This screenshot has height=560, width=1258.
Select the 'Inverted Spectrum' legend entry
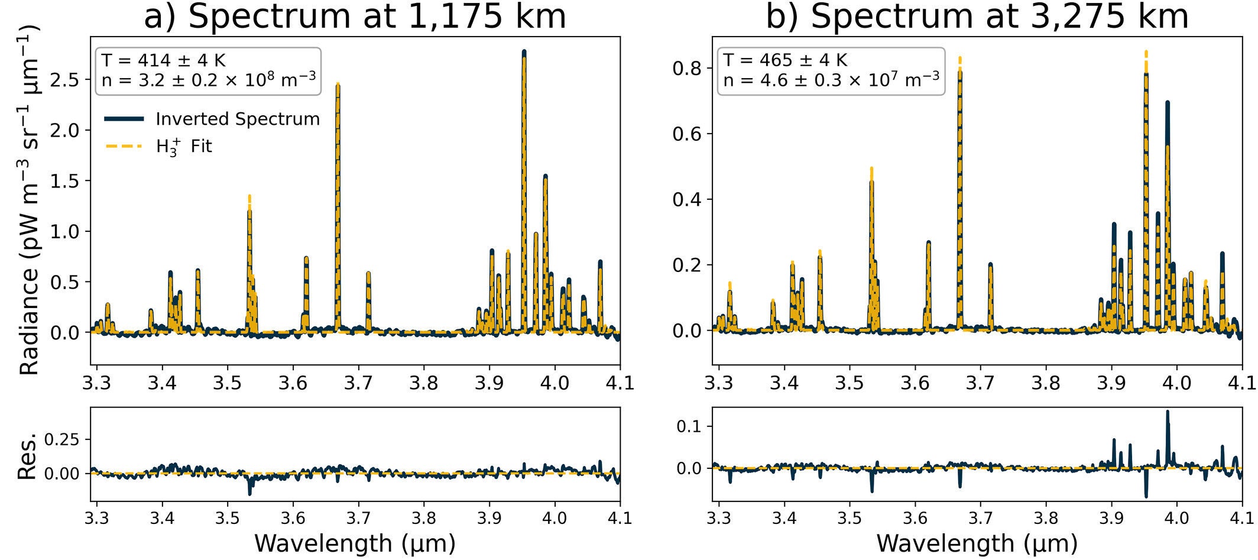click(237, 119)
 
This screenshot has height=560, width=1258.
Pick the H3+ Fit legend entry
click(183, 146)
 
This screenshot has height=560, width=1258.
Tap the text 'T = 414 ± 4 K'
click(163, 60)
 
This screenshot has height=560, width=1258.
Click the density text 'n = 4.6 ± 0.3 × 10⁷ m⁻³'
click(831, 79)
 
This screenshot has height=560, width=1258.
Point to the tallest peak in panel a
click(524, 52)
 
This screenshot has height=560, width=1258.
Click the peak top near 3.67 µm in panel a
click(338, 85)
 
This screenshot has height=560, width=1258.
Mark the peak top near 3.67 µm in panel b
click(959, 59)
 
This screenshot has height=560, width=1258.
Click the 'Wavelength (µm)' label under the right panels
click(977, 543)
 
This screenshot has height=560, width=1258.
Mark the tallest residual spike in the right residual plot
click(1167, 411)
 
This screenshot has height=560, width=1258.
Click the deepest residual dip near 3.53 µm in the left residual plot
click(249, 493)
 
